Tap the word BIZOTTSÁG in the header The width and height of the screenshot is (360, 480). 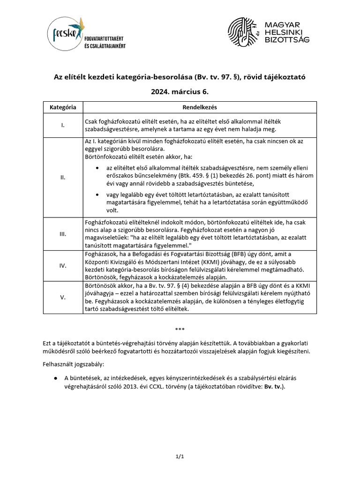point(287,41)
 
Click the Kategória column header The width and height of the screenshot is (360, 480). point(63,107)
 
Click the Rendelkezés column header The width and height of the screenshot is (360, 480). point(199,107)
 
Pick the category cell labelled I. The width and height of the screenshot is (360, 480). point(63,125)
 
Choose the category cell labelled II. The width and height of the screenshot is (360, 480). point(63,177)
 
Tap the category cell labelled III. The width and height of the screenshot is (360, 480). point(63,233)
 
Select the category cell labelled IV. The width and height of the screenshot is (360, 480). point(63,265)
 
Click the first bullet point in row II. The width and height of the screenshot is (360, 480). point(97,168)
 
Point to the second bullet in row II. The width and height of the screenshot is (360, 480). point(97,195)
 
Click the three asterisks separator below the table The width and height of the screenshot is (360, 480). point(180,330)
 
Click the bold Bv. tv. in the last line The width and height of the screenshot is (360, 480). point(273,387)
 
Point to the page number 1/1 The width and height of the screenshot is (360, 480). point(180,456)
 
